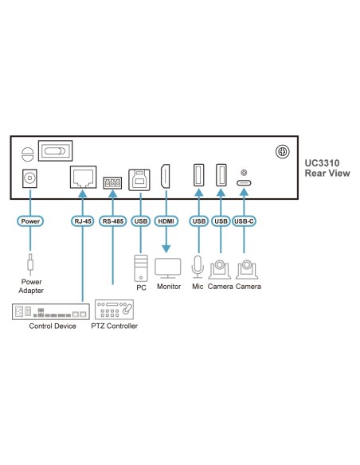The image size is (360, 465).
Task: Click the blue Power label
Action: (30, 221)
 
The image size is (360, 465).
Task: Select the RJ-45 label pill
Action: (83, 221)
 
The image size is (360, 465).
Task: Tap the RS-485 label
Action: (112, 221)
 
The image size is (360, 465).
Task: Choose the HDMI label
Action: (166, 221)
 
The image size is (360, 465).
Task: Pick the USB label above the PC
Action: (140, 221)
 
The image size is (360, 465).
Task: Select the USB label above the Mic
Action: (197, 221)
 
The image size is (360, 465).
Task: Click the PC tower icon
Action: (140, 265)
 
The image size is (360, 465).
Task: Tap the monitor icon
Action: (168, 267)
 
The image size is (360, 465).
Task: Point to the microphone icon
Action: (197, 266)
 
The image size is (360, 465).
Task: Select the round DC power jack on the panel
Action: (30, 179)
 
